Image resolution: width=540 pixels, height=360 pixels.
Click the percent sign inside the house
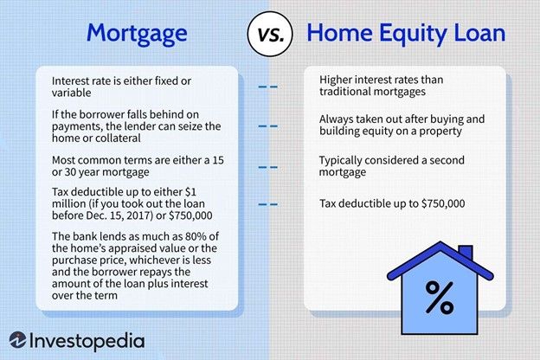point(439,299)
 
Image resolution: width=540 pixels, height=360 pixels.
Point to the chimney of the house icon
point(465,254)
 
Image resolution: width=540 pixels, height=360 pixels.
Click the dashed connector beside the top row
point(268,87)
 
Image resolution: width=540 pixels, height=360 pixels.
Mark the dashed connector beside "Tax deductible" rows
point(268,204)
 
